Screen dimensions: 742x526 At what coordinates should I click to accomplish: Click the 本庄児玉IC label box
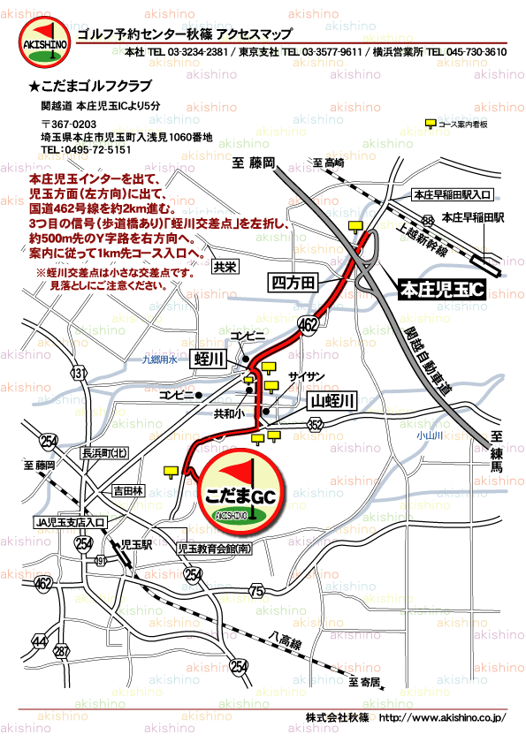(439, 290)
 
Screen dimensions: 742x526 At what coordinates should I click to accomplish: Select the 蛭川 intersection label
(210, 359)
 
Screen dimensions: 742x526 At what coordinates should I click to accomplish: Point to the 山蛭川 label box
(332, 402)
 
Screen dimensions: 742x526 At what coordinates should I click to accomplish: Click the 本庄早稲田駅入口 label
(453, 194)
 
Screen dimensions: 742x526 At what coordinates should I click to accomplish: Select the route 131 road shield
(80, 374)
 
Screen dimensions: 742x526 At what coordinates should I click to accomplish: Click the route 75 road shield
(257, 590)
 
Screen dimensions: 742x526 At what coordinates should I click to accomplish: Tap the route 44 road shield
(39, 640)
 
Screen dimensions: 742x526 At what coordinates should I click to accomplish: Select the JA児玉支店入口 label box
(71, 522)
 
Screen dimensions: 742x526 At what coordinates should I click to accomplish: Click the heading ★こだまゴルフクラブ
(90, 86)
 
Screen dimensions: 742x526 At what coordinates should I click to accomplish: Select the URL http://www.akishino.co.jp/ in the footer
(441, 717)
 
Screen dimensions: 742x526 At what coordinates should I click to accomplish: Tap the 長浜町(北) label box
(104, 453)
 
